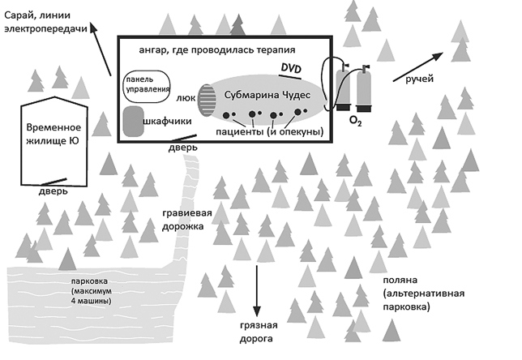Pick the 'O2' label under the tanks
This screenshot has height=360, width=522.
pos(354,121)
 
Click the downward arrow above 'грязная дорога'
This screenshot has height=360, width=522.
pos(259,290)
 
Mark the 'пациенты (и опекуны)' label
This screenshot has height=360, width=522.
pos(269,131)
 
